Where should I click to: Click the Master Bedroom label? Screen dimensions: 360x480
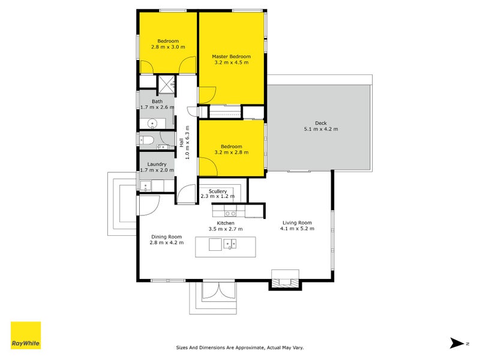tap(231, 56)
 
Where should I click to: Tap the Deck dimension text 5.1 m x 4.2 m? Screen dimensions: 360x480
tap(321, 129)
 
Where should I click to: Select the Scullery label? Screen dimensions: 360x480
tap(218, 191)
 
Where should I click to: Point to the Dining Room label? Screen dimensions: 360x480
tap(166, 236)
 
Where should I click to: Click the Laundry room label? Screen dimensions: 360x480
tap(157, 164)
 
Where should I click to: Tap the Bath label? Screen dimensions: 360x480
tap(157, 101)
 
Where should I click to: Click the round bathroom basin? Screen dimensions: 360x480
tap(153, 124)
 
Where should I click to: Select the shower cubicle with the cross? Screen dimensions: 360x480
tap(166, 83)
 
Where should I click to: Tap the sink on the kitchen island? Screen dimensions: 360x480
tap(230, 244)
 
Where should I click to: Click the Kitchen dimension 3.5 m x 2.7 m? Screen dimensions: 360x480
tap(226, 229)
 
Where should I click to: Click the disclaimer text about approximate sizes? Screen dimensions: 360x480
tap(239, 347)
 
